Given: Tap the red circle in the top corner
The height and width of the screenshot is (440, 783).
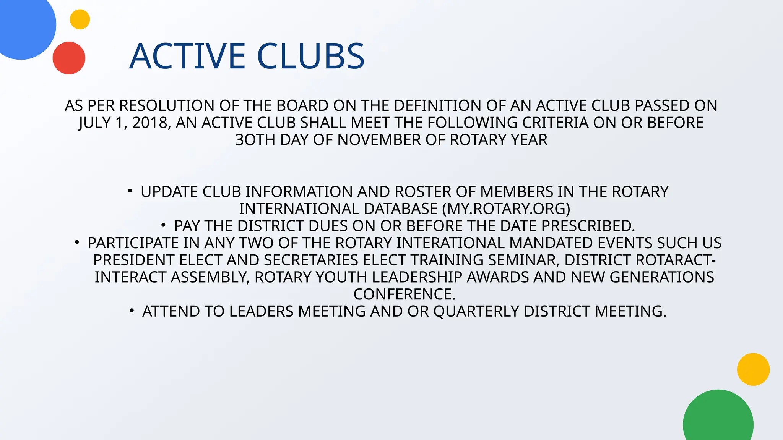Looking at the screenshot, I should point(69,58).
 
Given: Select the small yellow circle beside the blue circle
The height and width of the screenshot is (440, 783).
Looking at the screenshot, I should point(80,19).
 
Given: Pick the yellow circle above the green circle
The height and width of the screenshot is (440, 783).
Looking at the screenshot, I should point(753,369).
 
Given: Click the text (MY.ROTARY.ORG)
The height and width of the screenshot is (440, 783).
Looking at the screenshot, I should point(506,209).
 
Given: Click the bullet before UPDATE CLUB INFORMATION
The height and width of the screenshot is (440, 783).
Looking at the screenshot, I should point(130,191).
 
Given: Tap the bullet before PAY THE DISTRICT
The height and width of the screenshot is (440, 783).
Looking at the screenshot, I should point(163,225).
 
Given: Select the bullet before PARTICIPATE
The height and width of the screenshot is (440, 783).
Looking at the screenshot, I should point(77,242).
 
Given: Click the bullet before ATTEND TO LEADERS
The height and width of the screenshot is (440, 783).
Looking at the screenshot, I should point(132,311).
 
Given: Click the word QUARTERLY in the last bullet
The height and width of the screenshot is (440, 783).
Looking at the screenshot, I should point(476,312).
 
